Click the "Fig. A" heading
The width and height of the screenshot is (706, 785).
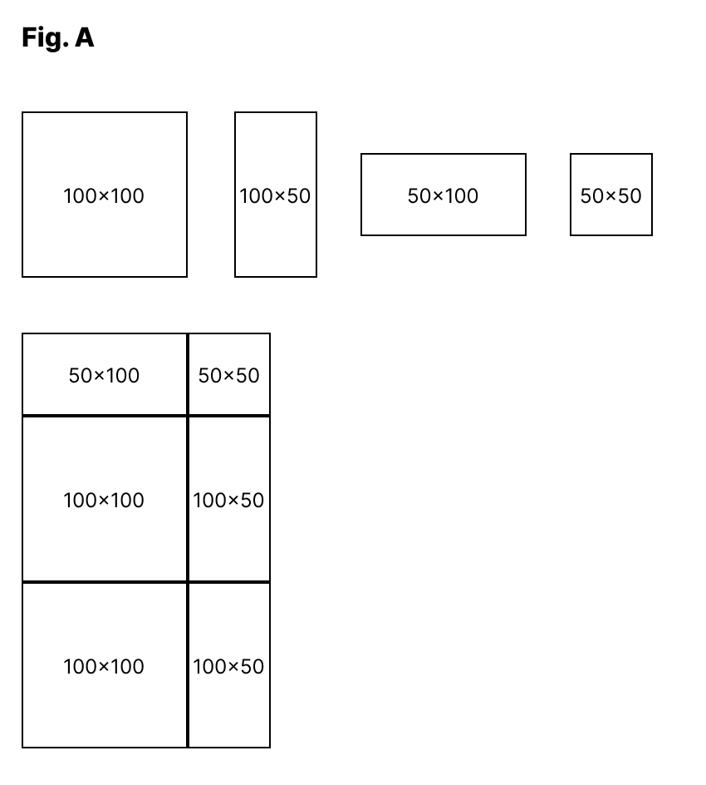[57, 37]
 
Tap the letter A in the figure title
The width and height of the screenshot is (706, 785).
[85, 37]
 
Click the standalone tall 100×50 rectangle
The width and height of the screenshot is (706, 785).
[276, 233]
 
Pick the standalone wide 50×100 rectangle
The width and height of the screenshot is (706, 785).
[444, 216]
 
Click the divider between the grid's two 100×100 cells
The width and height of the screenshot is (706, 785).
[105, 582]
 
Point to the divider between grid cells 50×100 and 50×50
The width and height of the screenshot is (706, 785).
[188, 374]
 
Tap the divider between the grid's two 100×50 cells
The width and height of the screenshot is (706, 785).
[229, 582]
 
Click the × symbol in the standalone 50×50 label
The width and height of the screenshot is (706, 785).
[611, 197]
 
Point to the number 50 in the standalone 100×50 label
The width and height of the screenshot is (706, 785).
[299, 196]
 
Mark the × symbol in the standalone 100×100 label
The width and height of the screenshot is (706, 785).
[105, 197]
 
